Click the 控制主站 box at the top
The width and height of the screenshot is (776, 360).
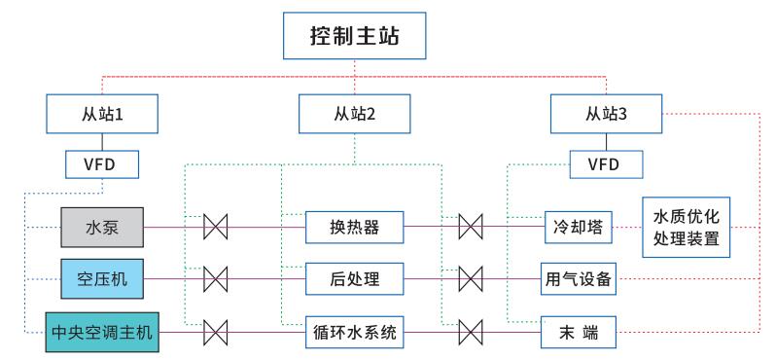pyautogui.click(x=354, y=40)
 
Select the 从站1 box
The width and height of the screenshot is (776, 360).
pyautogui.click(x=103, y=114)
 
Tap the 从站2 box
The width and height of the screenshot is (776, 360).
pyautogui.click(x=354, y=114)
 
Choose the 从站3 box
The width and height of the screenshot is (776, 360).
pyautogui.click(x=605, y=114)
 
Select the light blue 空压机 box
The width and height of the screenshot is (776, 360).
pyautogui.click(x=103, y=280)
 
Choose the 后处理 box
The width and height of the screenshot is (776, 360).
pyautogui.click(x=354, y=280)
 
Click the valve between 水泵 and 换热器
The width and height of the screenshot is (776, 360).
pyautogui.click(x=215, y=228)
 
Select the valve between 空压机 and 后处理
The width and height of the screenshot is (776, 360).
pyautogui.click(x=215, y=280)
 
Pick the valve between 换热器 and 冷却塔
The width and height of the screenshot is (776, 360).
pyautogui.click(x=471, y=228)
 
